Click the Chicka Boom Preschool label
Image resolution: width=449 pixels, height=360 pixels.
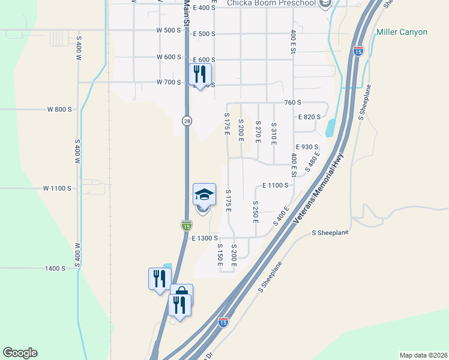click(271, 4)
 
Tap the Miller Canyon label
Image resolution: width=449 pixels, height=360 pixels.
click(402, 32)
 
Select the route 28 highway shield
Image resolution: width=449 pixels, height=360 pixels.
click(187, 121)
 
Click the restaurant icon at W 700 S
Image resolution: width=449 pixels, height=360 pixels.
click(200, 75)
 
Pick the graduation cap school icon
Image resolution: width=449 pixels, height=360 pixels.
click(203, 195)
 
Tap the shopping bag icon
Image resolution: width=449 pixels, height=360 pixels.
click(181, 294)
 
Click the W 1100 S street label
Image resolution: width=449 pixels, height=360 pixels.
click(57, 188)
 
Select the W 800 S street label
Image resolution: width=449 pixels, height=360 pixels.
click(59, 110)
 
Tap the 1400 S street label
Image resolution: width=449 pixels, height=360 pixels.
click(55, 268)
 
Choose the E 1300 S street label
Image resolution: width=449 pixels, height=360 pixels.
click(205, 238)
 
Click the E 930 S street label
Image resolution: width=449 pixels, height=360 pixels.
click(307, 147)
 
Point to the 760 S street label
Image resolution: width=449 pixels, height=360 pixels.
click(292, 103)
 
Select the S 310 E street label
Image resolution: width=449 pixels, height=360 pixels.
click(274, 133)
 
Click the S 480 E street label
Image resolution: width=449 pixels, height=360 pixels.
click(313, 162)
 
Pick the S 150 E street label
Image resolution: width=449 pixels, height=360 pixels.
click(220, 255)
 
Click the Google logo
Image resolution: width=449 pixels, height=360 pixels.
click(20, 353)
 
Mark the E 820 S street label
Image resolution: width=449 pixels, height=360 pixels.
click(310, 117)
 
